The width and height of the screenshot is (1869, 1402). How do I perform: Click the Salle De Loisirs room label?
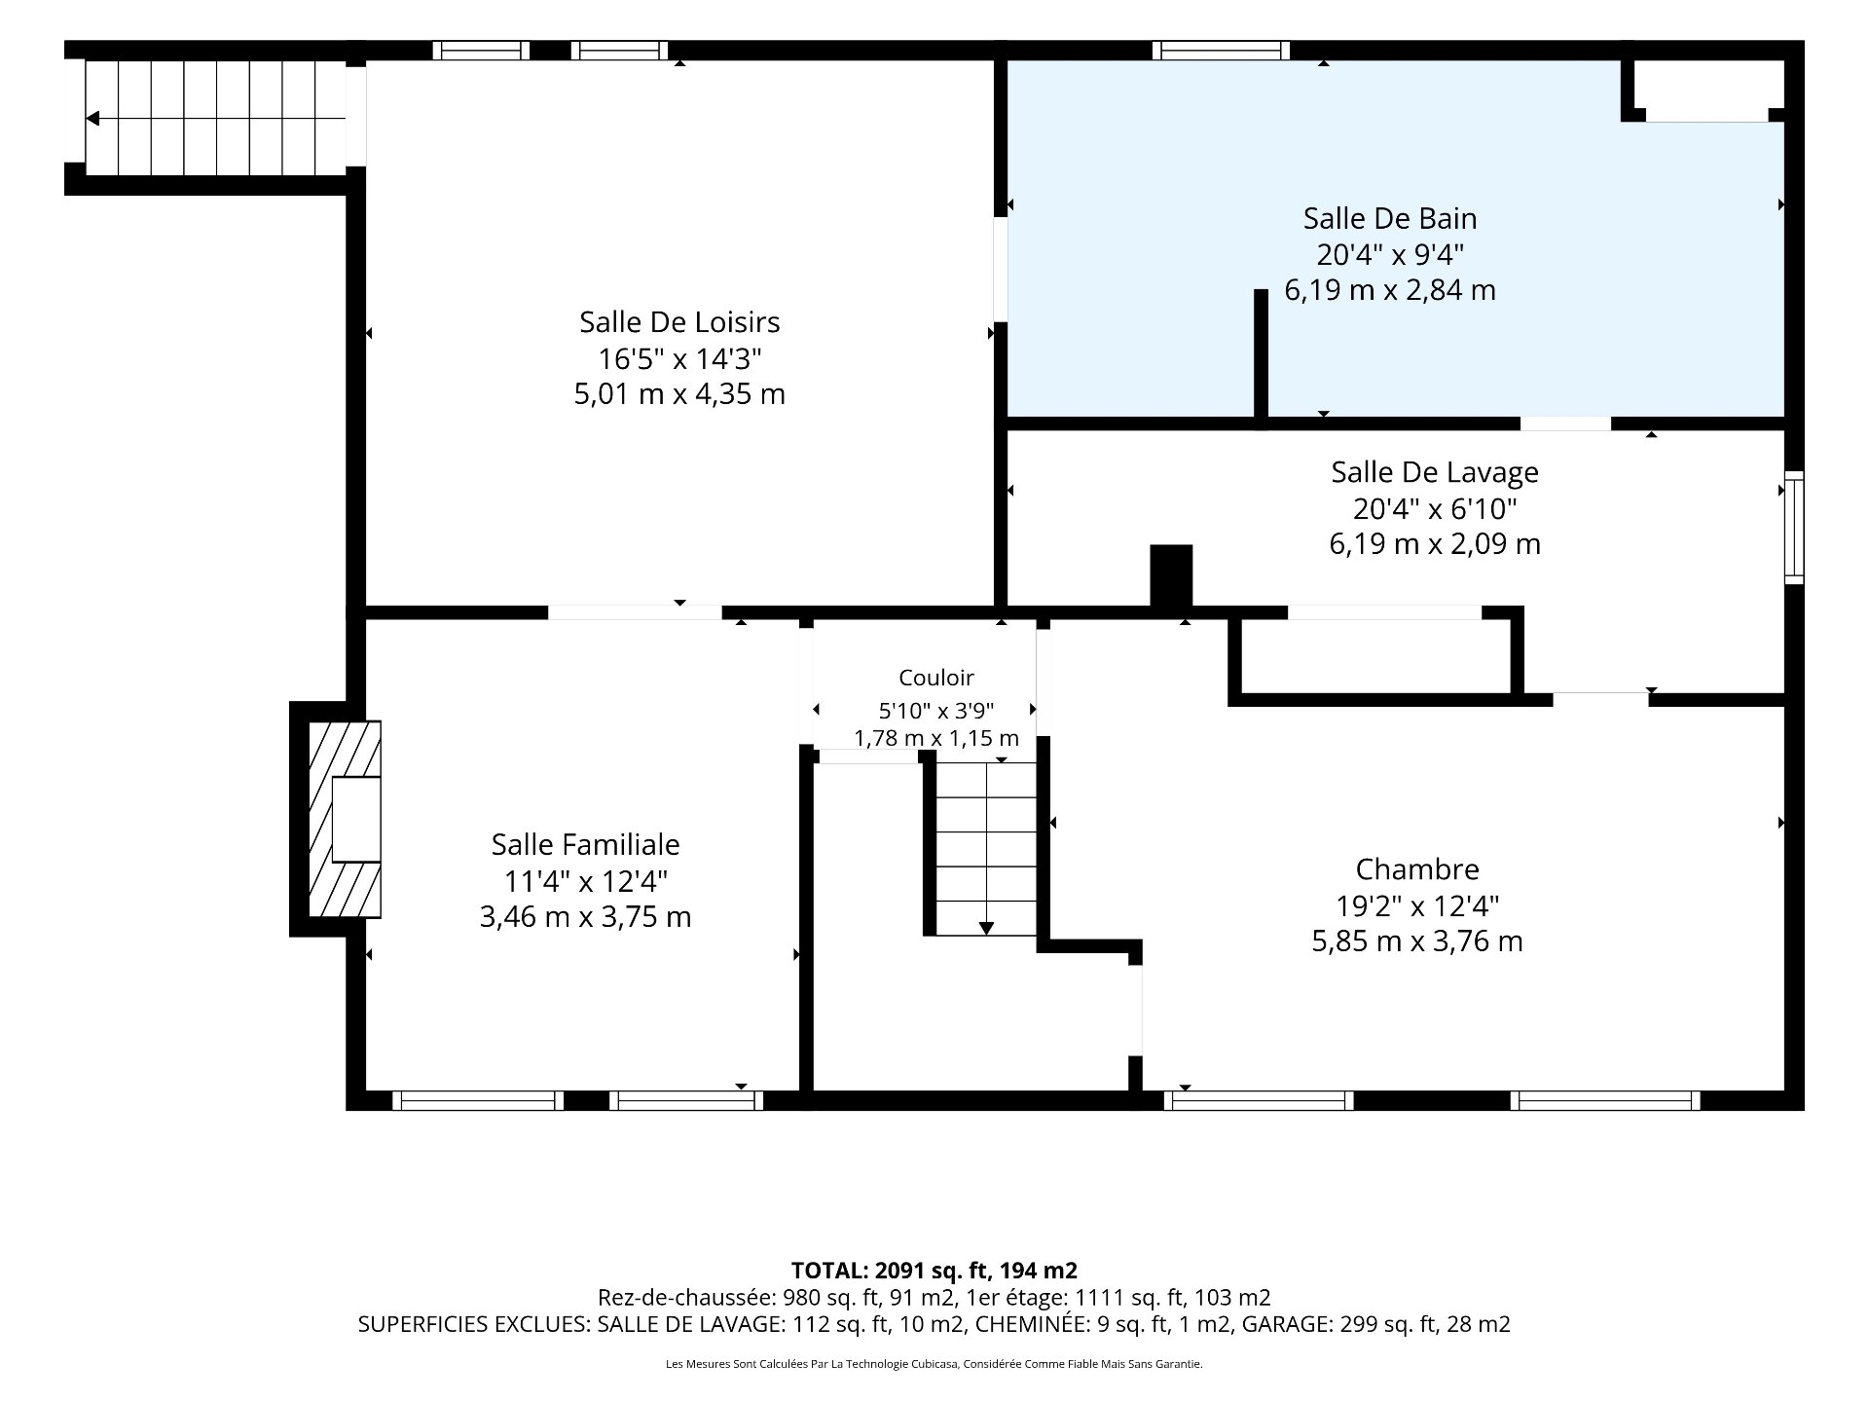(679, 322)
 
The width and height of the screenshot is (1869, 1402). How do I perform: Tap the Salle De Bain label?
(1390, 218)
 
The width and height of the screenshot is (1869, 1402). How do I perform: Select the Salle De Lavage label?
(1435, 472)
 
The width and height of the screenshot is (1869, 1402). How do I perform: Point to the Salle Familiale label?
(585, 845)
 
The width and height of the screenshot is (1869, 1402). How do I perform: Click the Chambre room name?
(1417, 869)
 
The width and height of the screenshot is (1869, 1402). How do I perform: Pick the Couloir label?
(935, 678)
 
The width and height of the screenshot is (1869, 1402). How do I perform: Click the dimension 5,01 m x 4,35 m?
(679, 394)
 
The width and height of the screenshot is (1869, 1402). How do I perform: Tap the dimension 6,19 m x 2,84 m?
(1390, 290)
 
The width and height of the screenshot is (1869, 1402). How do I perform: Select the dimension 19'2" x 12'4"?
(1417, 906)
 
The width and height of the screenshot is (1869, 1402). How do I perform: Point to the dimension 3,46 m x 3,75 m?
(585, 917)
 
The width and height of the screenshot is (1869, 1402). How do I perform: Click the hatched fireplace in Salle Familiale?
(345, 819)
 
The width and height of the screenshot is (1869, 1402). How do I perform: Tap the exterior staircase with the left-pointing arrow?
(215, 118)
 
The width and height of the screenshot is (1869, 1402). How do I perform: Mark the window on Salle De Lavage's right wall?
(1794, 528)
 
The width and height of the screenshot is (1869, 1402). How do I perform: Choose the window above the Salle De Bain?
(1221, 51)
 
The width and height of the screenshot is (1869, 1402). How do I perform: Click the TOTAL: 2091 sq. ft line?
(934, 1271)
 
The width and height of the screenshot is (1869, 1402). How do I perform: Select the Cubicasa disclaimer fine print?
(934, 1364)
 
